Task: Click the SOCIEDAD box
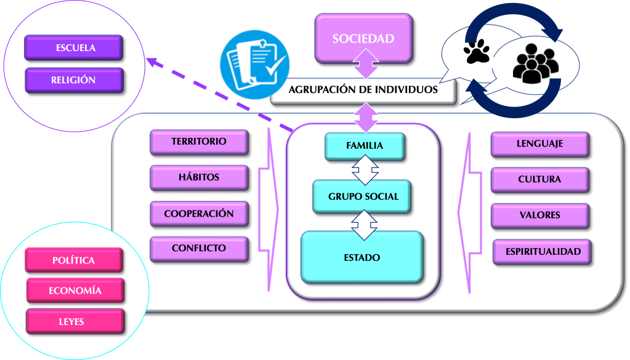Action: tap(363, 38)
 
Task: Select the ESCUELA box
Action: tap(74, 47)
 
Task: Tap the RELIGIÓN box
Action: tap(74, 80)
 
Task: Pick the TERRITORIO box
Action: tap(199, 142)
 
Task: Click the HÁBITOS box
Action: tap(199, 178)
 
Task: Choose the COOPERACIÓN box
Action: tap(199, 214)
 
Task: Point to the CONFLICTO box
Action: tap(199, 249)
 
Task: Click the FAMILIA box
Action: tap(365, 146)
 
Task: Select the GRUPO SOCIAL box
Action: tap(363, 197)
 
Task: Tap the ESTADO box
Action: tap(362, 257)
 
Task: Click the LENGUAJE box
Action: tap(539, 145)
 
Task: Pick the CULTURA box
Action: tap(539, 180)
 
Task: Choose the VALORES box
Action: tap(539, 215)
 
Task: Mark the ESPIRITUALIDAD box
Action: tap(543, 252)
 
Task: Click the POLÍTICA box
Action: tap(74, 260)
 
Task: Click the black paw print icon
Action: tap(476, 52)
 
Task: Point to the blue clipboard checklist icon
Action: tap(253, 62)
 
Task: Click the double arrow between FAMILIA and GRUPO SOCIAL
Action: tap(364, 170)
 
